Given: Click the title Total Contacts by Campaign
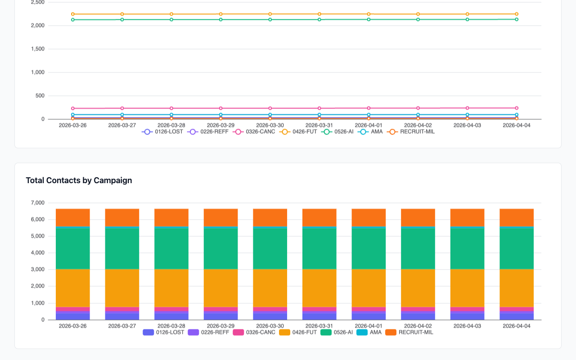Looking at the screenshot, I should click(79, 180).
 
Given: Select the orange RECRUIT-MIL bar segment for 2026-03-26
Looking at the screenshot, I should click(73, 218).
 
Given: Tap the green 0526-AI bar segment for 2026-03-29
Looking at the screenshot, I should click(220, 248).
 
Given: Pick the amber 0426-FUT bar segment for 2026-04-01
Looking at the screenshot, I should click(369, 288).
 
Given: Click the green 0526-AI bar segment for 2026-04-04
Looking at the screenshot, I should click(517, 248).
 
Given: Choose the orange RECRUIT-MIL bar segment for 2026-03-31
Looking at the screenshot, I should click(319, 218).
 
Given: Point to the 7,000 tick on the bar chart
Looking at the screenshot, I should click(37, 203).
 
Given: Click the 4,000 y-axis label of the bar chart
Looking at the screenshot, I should click(37, 253).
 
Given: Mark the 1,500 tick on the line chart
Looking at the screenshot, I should click(37, 49).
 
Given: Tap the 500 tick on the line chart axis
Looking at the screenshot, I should click(40, 96).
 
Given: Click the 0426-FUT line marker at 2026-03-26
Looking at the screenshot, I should click(73, 14).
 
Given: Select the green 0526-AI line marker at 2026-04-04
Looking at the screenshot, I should click(517, 19).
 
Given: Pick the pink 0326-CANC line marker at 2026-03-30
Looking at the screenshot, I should click(270, 108).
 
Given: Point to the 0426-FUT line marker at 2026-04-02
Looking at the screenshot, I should click(418, 14).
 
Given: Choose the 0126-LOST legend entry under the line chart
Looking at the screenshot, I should click(162, 132).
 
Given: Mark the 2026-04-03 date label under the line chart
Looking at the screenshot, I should click(467, 126).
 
